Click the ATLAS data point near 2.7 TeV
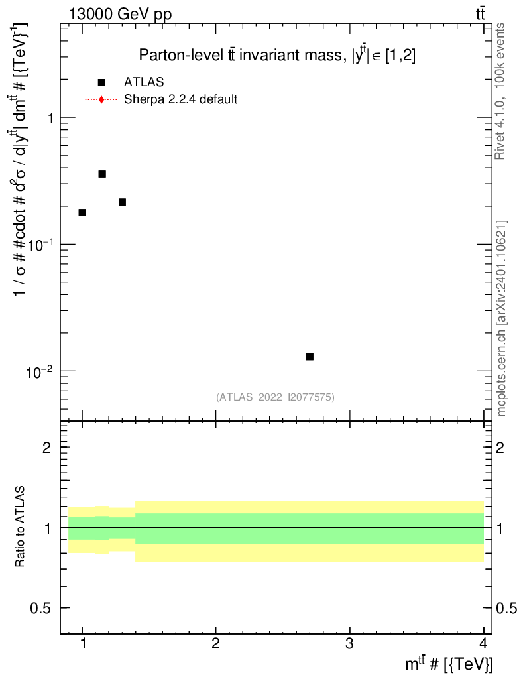[310, 357]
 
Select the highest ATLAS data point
[102, 174]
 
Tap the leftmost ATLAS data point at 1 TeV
[82, 212]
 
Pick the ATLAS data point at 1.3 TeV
[122, 202]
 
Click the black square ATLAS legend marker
[101, 82]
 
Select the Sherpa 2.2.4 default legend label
[180, 100]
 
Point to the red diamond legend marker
[101, 100]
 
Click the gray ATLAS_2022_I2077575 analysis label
[275, 397]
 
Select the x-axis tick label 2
[215, 644]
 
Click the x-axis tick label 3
[349, 644]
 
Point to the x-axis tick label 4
[483, 644]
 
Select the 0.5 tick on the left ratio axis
[46, 609]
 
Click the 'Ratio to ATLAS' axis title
[21, 527]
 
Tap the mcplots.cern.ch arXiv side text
[502, 318]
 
